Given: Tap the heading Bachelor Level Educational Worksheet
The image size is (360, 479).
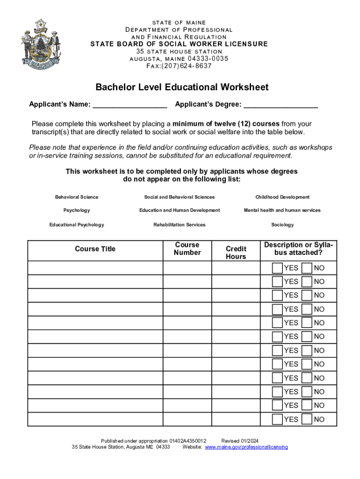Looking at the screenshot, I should (x=182, y=87).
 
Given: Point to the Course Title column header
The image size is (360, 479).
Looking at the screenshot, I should (x=95, y=249).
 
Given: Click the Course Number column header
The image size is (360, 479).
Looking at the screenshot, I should (x=187, y=249).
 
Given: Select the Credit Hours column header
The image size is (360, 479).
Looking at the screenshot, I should (x=236, y=253).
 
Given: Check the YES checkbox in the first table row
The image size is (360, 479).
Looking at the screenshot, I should (x=277, y=268).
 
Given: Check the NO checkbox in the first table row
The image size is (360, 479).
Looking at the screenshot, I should (x=307, y=268).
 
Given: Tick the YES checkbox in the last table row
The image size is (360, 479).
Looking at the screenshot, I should (x=277, y=419).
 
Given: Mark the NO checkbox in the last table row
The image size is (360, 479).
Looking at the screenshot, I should (x=307, y=419).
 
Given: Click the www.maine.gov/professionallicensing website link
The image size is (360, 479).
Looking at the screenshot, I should (x=246, y=447).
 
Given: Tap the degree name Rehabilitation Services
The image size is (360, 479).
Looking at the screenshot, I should (x=179, y=225).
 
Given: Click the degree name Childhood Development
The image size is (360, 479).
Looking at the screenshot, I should (x=282, y=197).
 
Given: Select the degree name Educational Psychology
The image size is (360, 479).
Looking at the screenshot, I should (x=77, y=225).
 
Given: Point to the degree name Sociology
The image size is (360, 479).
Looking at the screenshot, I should (x=282, y=225).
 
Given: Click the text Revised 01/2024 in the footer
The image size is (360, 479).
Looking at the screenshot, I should (x=240, y=441).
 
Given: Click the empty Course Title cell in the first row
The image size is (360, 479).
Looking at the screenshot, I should (x=95, y=268).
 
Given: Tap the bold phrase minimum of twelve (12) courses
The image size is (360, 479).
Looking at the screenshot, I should (x=226, y=124).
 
